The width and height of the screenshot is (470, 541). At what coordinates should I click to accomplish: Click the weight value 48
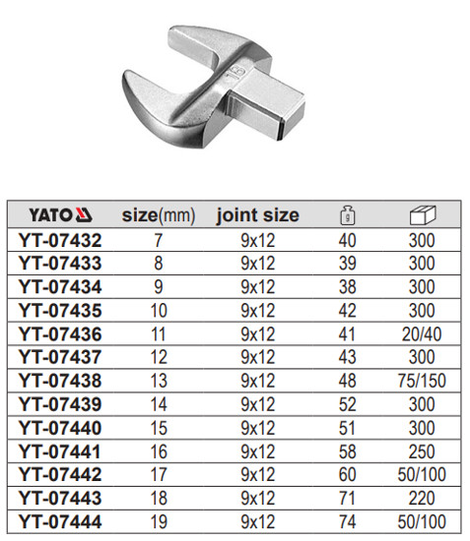click(x=346, y=379)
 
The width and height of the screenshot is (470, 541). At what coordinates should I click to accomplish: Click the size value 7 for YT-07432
click(x=159, y=239)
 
